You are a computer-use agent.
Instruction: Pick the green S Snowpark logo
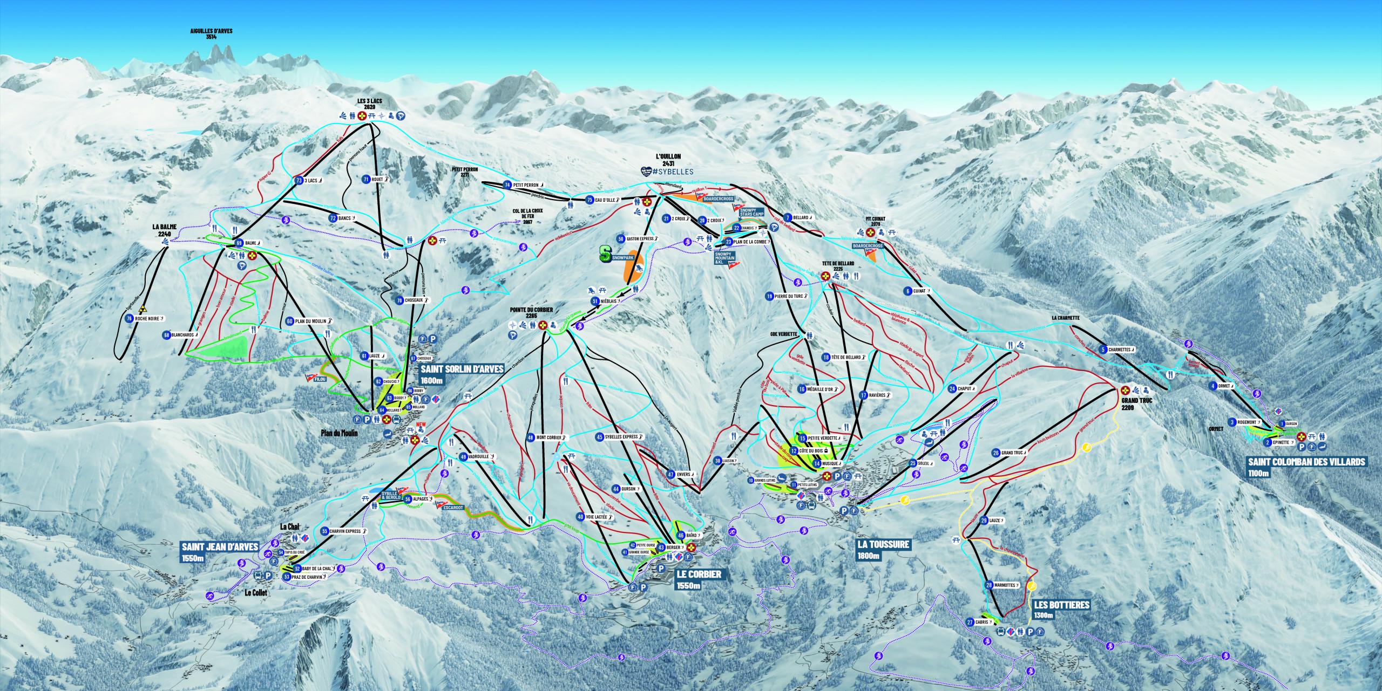pyautogui.click(x=605, y=254)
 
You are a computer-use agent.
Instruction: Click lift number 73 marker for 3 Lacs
pyautogui.click(x=299, y=181)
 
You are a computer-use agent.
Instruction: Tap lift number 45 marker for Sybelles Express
pyautogui.click(x=600, y=436)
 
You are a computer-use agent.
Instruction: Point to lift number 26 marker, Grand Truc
pyautogui.click(x=995, y=453)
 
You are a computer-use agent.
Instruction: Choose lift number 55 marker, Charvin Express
pyautogui.click(x=325, y=531)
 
